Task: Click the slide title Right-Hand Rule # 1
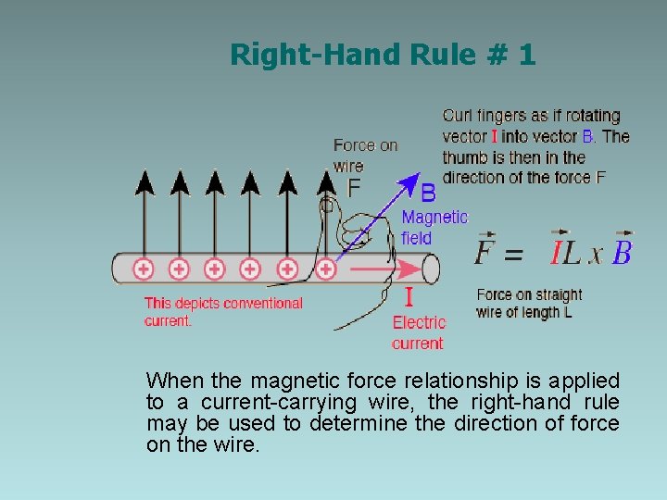pos(383,55)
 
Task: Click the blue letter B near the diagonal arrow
pos(428,193)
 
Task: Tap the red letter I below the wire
pos(409,297)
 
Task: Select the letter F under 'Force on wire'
pos(354,188)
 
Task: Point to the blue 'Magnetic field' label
pos(434,227)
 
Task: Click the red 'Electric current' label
pos(419,332)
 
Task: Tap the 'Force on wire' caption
pos(365,155)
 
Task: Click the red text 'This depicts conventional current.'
pos(223,311)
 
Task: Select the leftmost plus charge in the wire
pos(144,269)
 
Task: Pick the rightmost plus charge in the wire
pos(325,269)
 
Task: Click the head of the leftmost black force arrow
pos(144,181)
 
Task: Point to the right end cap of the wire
pos(431,269)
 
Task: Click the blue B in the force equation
pos(622,251)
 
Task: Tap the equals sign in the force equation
pos(512,252)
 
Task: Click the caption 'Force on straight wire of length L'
pos(529,303)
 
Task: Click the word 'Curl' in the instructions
pos(457,116)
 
